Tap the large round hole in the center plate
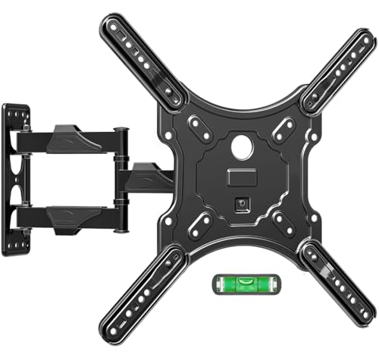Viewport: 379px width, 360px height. coord(240,148)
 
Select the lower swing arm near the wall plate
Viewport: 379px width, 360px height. coord(76,216)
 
